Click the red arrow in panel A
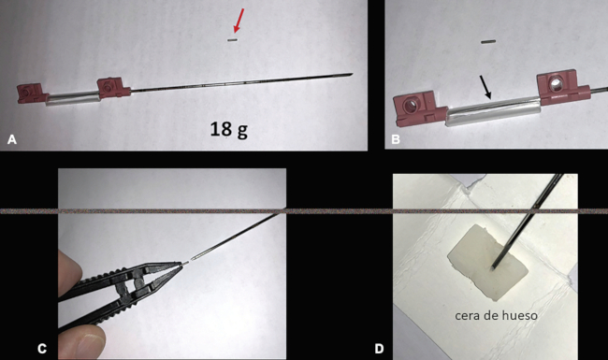(x=239, y=21)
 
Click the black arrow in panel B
(x=485, y=87)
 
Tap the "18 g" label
(x=229, y=129)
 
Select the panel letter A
(x=12, y=139)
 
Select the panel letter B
(x=396, y=139)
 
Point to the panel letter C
(x=42, y=349)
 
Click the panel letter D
(x=379, y=349)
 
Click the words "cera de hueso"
(x=496, y=315)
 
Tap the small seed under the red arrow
(x=232, y=40)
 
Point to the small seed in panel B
(x=488, y=42)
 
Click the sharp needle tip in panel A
(x=352, y=74)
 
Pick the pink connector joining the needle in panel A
(x=114, y=88)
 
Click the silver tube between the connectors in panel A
(x=73, y=98)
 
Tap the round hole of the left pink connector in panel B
(x=411, y=105)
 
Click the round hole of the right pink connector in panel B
(x=555, y=83)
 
